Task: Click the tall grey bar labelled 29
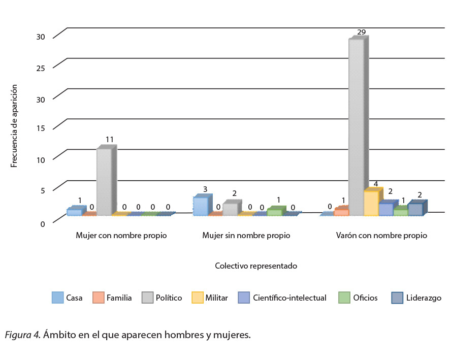point(356,127)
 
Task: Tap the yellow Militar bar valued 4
point(371,203)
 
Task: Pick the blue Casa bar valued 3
point(200,206)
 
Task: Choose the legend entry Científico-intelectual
point(289,298)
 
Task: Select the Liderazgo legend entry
point(423,298)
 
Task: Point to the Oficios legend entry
point(366,298)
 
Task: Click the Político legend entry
point(169,298)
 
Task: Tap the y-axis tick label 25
point(41,68)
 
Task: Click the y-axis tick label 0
point(43,223)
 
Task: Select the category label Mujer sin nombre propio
point(246,236)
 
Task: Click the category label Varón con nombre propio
point(381,236)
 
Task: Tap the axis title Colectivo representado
point(255,266)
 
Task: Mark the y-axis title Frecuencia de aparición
point(14,126)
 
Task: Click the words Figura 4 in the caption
point(22,335)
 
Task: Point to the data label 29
point(362,32)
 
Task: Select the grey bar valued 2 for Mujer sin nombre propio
point(230,209)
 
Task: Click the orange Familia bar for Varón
point(341,212)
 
